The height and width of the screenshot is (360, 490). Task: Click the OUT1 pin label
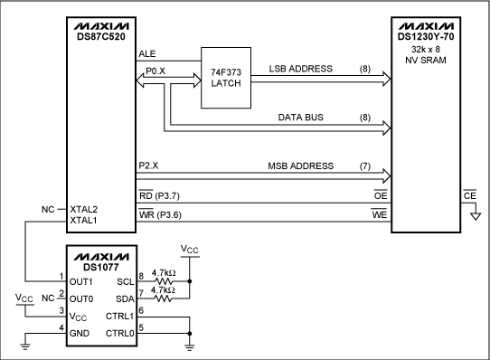tap(81, 280)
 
